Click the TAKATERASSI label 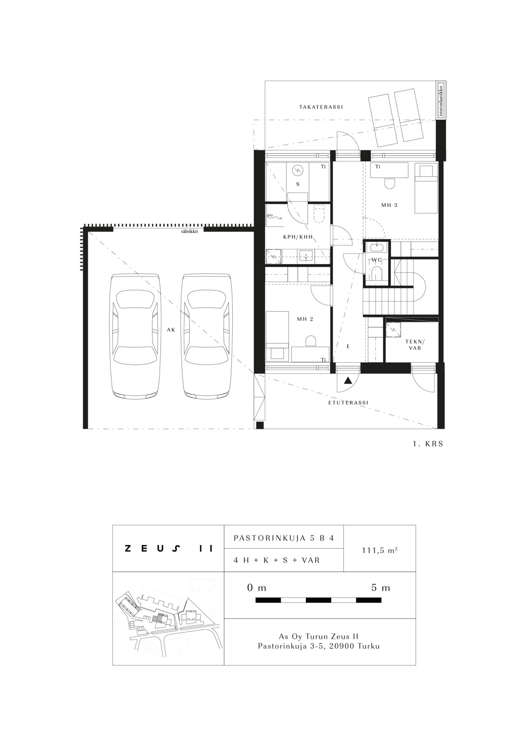(x=321, y=107)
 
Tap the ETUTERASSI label (x=348, y=403)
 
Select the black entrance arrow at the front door (x=349, y=380)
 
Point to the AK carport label (x=171, y=330)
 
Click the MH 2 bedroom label (x=305, y=319)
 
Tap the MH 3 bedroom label (x=389, y=205)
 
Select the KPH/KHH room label (x=298, y=237)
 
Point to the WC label (x=377, y=260)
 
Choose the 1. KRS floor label (x=428, y=444)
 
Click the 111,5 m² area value (x=380, y=550)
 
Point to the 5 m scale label (x=381, y=588)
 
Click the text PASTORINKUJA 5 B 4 (x=284, y=538)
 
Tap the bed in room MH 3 (x=426, y=188)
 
